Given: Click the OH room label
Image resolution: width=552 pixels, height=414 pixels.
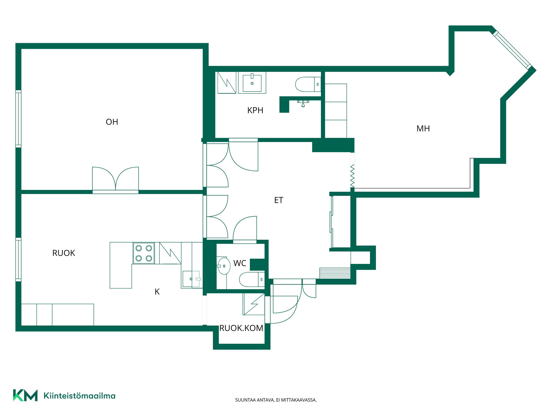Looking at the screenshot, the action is pos(112,122).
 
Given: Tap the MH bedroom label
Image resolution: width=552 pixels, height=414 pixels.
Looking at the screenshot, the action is pos(423,129).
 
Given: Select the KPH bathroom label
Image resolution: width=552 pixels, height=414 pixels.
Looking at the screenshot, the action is pos(255,110).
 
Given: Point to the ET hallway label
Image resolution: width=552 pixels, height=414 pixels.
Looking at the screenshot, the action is pos(279,200).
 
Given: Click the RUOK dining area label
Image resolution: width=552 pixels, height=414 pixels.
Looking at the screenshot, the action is pos(64,253).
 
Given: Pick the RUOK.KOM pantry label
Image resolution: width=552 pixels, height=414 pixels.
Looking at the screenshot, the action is pos(241,328).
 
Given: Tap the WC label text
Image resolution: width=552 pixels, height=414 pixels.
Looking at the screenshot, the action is pos(240,263).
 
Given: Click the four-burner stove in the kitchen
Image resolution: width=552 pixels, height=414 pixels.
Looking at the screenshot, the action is pos(144,253).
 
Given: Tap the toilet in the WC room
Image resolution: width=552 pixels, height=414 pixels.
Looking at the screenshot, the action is pos(252,279).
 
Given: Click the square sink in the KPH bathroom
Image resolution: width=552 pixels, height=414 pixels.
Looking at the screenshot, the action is pos(252,83).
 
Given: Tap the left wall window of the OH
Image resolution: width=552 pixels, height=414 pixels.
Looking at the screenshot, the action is pos(18,119).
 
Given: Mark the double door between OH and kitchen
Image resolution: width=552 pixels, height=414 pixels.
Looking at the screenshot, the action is pos(116,180).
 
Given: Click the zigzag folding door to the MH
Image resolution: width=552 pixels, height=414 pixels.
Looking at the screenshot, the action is pos(352,176).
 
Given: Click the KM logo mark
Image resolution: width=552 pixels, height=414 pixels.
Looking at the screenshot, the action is pos(25,395).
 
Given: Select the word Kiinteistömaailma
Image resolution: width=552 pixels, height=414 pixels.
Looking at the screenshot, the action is pos(79,396).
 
